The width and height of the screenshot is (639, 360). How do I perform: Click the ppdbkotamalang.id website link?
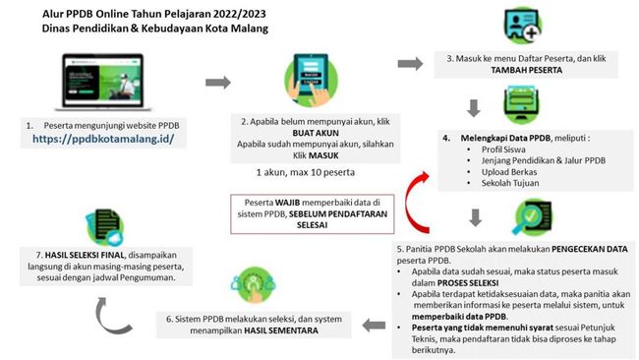point(103,139)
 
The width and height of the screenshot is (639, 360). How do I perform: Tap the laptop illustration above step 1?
point(103,82)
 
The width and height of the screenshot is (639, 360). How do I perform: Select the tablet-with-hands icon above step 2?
point(312,80)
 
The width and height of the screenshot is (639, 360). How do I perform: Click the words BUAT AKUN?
point(316,133)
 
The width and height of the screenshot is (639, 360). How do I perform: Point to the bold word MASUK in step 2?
point(323,155)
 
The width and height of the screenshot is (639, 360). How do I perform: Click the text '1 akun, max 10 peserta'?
point(305,172)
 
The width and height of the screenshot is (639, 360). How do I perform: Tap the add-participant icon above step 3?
point(523,26)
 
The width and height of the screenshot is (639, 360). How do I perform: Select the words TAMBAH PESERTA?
point(527,70)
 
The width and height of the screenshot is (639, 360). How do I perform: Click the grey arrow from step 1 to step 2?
point(218,83)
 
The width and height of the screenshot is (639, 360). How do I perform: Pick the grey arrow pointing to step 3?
point(410,64)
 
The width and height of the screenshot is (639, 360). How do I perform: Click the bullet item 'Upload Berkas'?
point(509,172)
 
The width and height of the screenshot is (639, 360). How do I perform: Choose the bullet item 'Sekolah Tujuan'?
point(510,183)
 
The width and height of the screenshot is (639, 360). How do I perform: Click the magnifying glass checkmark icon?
point(532,216)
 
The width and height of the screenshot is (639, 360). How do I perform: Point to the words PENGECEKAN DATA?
point(589,249)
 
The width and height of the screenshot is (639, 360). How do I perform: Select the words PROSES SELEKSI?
point(467,283)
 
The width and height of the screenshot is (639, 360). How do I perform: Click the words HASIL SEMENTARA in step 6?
point(281,330)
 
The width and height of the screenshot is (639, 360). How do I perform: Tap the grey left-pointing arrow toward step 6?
point(374,326)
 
